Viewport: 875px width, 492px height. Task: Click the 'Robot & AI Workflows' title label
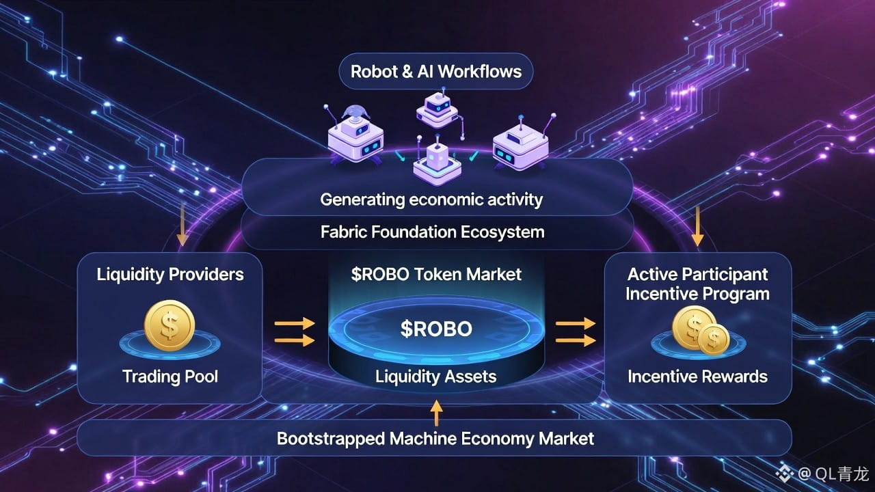pyautogui.click(x=435, y=71)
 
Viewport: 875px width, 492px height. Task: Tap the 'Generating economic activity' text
pyautogui.click(x=431, y=200)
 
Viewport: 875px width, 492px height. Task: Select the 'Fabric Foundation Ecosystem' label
pyautogui.click(x=432, y=232)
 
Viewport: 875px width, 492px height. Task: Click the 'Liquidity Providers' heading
pyautogui.click(x=170, y=275)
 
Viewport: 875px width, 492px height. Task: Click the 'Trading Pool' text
pyautogui.click(x=170, y=376)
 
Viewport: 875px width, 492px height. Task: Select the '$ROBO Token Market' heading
pyautogui.click(x=436, y=275)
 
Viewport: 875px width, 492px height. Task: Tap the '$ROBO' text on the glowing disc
pyautogui.click(x=436, y=329)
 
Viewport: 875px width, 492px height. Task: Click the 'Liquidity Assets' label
pyautogui.click(x=436, y=376)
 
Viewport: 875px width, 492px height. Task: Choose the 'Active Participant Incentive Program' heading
pyautogui.click(x=698, y=284)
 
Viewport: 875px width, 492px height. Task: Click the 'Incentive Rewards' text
pyautogui.click(x=697, y=377)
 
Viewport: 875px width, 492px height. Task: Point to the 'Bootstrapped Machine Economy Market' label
pyautogui.click(x=435, y=438)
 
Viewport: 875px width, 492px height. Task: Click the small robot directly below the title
pyautogui.click(x=435, y=109)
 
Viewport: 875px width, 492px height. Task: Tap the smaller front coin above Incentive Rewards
pyautogui.click(x=713, y=339)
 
